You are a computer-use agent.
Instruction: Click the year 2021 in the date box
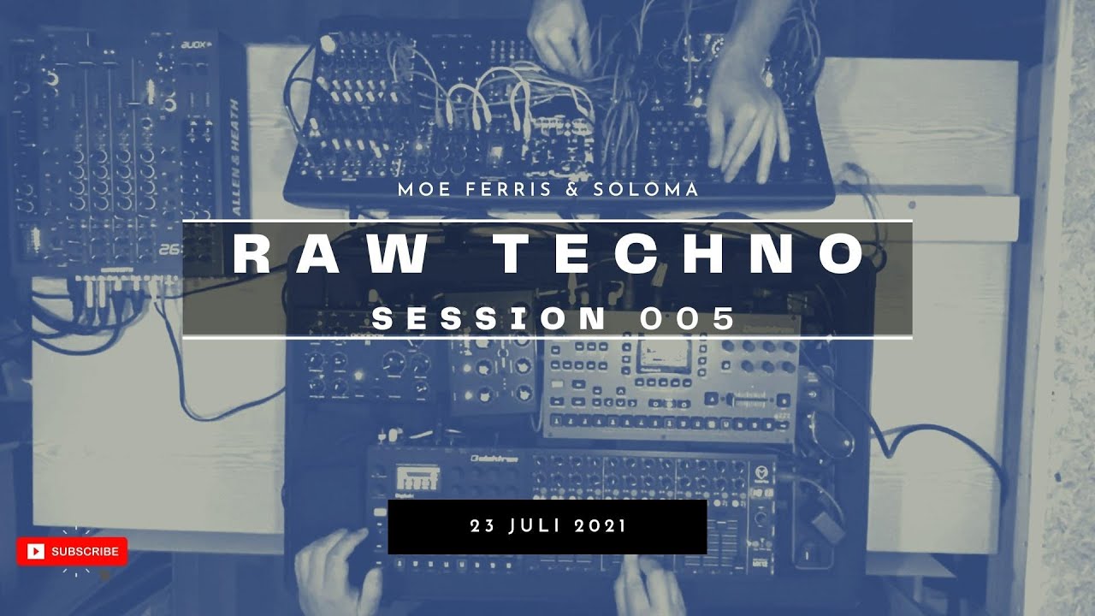(601, 525)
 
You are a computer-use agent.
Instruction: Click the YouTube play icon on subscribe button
(35, 552)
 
